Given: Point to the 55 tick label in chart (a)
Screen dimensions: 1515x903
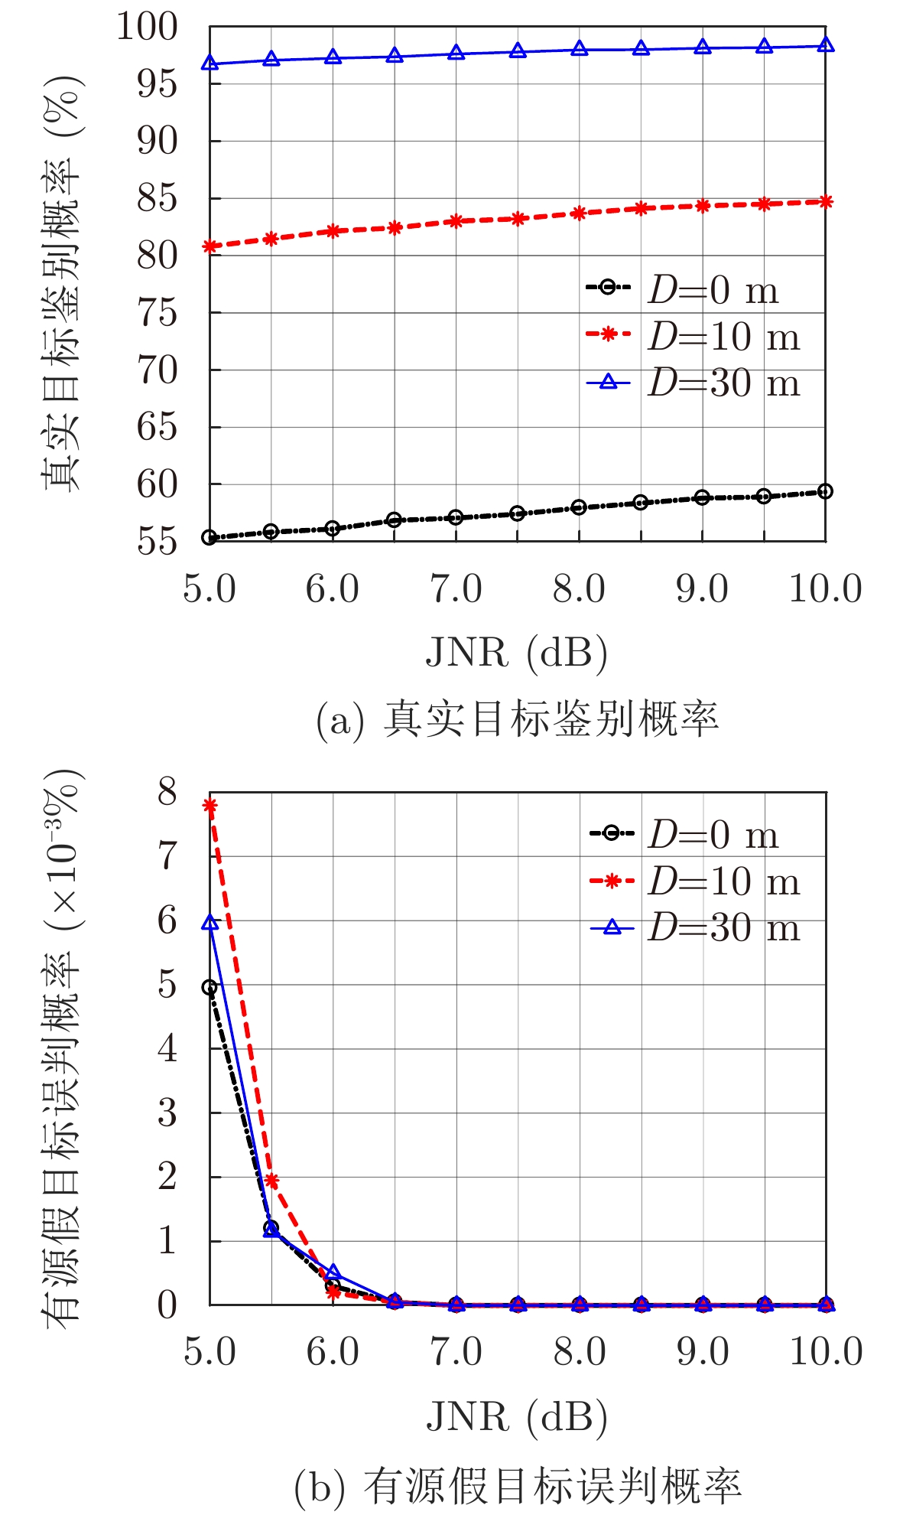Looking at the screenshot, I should tap(158, 542).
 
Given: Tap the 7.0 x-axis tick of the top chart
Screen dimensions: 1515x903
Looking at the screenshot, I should tap(456, 590).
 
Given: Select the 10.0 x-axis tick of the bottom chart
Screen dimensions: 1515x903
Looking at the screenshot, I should tap(826, 1352).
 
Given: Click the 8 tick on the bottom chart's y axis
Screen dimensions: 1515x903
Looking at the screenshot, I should tap(167, 793).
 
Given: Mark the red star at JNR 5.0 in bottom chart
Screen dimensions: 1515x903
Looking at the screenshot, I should tap(210, 805).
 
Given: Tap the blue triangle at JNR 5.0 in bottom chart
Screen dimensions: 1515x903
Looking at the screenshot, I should tap(210, 924).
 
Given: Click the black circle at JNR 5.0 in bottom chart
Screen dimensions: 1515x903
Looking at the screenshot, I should tap(210, 988).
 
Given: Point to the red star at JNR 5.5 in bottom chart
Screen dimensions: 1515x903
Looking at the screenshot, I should tap(271, 1181).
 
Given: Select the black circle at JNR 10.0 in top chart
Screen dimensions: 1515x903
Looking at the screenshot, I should tap(825, 491).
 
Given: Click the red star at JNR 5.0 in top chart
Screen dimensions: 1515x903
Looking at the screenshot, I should tap(210, 246).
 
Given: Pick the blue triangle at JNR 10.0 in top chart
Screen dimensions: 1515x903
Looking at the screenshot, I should tap(825, 45).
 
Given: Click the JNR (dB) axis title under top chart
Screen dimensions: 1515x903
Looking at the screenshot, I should tap(516, 653).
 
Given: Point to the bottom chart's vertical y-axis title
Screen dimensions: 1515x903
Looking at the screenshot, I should tap(61, 1048).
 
